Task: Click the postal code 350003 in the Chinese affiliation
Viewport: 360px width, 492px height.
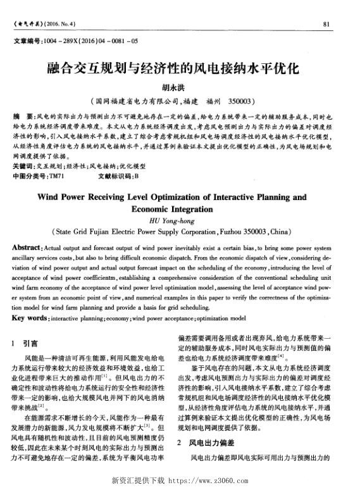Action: click(x=240, y=101)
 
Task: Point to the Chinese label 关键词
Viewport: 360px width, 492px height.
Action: click(x=24, y=166)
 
